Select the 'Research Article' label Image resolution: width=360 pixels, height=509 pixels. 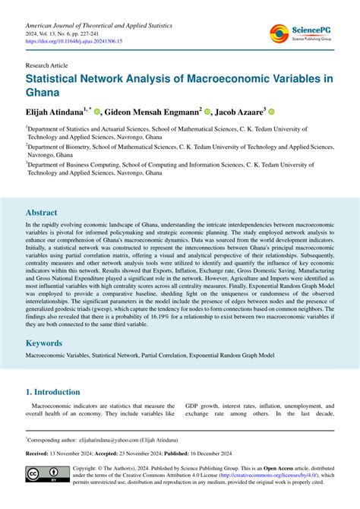49,66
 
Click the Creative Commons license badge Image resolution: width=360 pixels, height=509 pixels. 43,475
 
